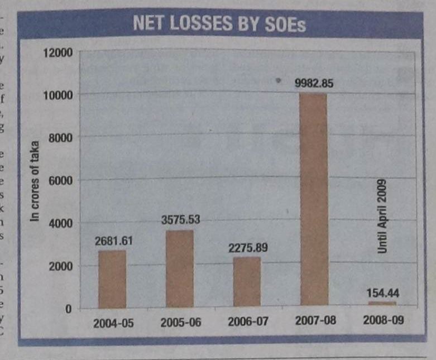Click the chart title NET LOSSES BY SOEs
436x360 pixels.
coord(219,24)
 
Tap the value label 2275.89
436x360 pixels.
coord(248,247)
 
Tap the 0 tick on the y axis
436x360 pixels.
coord(69,309)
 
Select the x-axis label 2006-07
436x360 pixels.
coord(247,323)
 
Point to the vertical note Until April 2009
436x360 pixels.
coord(382,217)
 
